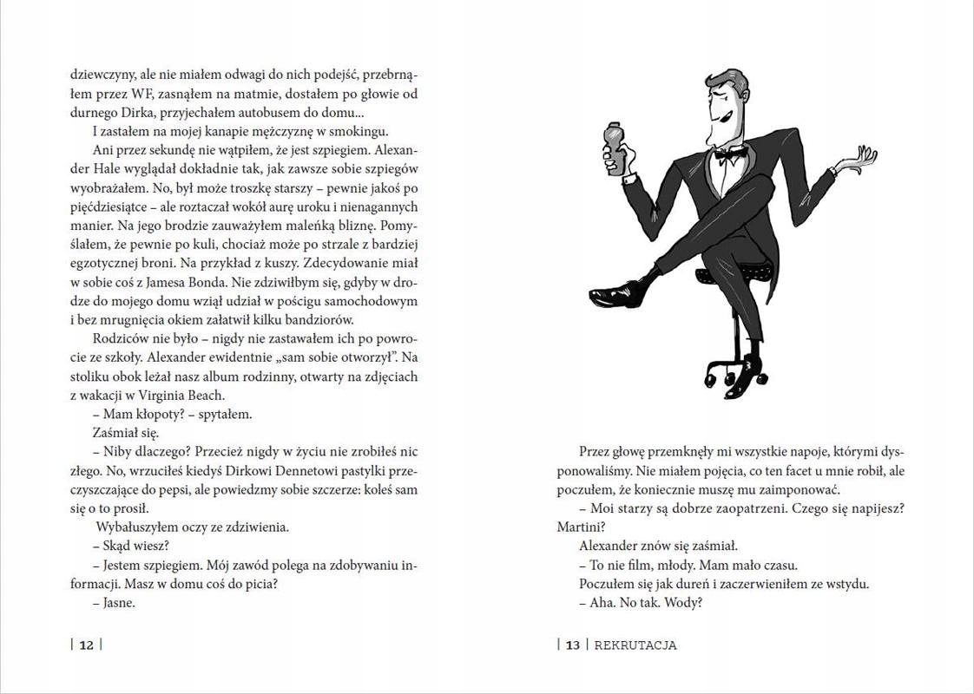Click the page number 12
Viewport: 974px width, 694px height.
(87, 645)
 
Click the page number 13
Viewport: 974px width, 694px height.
(572, 645)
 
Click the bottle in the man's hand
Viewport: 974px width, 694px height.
(614, 152)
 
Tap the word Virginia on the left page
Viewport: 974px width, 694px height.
(174, 394)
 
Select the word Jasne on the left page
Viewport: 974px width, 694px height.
(119, 603)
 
